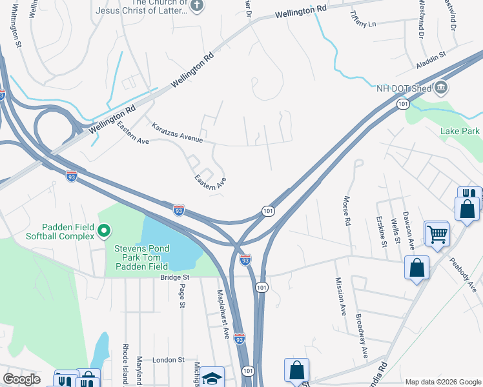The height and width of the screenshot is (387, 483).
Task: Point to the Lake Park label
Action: tap(460, 131)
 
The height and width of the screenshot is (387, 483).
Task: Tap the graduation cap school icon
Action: tap(211, 378)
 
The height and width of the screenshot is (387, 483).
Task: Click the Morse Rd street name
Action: tap(347, 211)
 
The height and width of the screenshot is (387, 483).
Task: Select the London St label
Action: tap(169, 359)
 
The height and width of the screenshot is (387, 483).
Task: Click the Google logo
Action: tap(21, 379)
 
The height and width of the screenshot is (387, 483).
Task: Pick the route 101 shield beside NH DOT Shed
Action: tap(403, 104)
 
